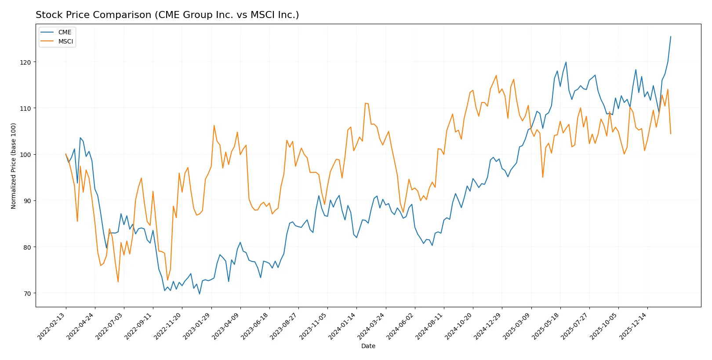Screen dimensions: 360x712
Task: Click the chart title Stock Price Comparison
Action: click(167, 15)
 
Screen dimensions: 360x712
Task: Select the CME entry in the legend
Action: click(64, 32)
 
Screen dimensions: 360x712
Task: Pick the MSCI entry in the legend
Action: click(65, 41)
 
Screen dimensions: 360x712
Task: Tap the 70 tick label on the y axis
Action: click(27, 294)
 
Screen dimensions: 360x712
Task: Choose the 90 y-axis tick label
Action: click(27, 201)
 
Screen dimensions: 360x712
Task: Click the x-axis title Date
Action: click(368, 346)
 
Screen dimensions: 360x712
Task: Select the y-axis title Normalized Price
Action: click(14, 166)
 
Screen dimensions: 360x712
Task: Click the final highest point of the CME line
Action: click(671, 36)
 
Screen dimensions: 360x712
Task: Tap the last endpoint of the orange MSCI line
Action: click(671, 134)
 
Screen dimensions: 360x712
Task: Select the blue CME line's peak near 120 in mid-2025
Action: click(566, 62)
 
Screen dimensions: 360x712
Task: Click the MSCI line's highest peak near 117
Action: click(496, 75)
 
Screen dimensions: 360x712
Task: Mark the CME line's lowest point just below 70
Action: click(200, 294)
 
